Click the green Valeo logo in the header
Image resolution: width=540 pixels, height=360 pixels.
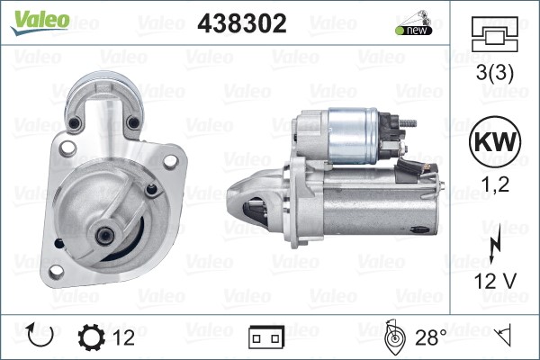coord(40,22)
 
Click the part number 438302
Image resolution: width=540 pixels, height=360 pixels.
coord(242,23)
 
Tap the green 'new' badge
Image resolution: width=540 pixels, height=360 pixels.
coord(414,31)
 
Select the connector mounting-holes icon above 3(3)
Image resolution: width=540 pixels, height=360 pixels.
coord(495,34)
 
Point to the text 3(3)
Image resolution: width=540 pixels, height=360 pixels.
coord(494,72)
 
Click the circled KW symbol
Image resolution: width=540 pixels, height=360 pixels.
coord(495,141)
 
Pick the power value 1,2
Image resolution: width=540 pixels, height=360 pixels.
coord(495,184)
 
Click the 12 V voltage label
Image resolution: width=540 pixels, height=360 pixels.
coord(495,281)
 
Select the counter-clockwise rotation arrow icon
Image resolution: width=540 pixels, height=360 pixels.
coord(40,335)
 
